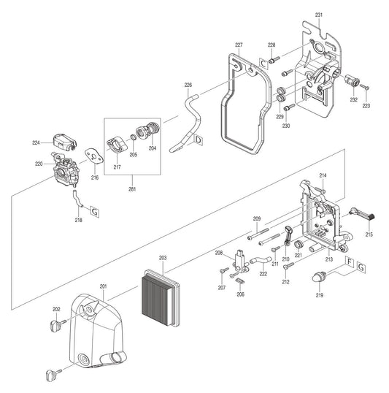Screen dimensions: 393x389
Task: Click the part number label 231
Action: point(318,15)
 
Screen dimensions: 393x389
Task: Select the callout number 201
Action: point(103,286)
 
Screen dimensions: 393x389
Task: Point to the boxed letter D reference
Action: point(199,138)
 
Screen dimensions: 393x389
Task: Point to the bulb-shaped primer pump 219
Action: point(319,277)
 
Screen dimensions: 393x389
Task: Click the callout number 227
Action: point(238,45)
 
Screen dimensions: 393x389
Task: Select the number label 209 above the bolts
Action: point(257,218)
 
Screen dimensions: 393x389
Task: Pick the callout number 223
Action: point(366,106)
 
